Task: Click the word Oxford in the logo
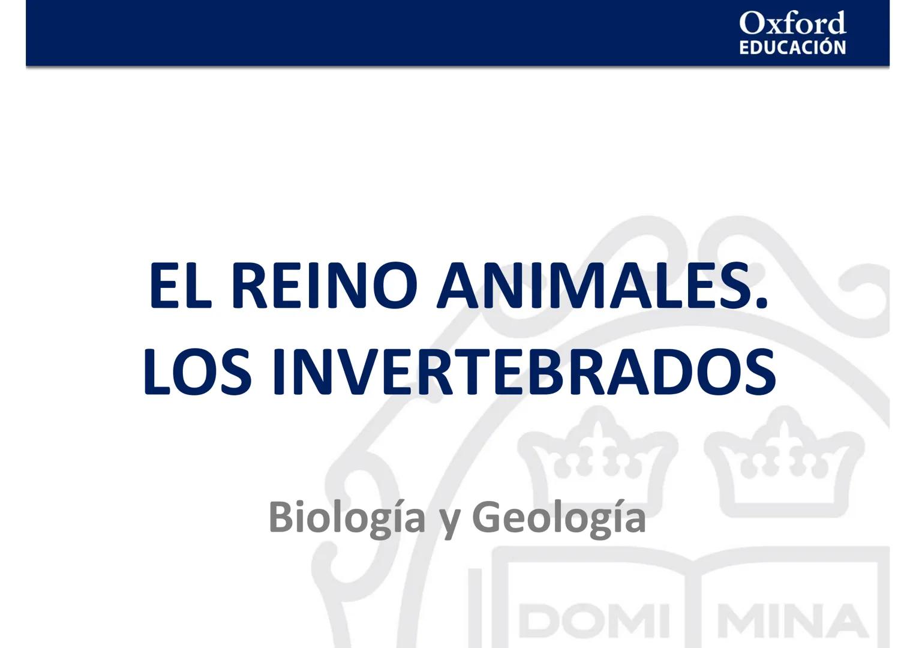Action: [x=792, y=23]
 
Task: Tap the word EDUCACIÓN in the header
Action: [x=792, y=47]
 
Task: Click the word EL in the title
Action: [x=180, y=286]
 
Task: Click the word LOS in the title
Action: [x=197, y=373]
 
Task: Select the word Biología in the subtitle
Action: [x=347, y=518]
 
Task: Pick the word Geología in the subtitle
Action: [x=559, y=518]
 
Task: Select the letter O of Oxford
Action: [x=750, y=23]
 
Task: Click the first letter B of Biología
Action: [x=281, y=518]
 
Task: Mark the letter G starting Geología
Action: [x=486, y=518]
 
